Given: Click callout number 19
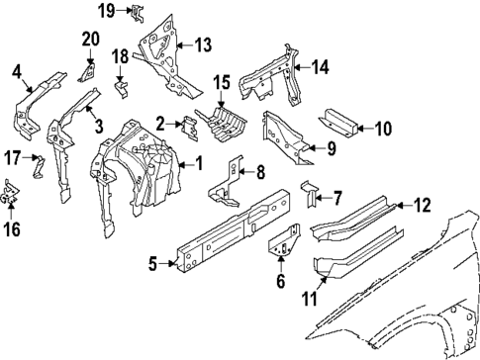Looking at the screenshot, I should coord(106,11).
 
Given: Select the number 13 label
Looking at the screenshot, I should coord(203,45).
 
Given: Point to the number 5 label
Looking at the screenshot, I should coord(152,264).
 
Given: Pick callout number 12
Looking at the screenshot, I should coord(422,206).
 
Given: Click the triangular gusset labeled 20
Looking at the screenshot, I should coord(86,71).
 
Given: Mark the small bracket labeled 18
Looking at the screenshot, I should coord(120,87).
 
